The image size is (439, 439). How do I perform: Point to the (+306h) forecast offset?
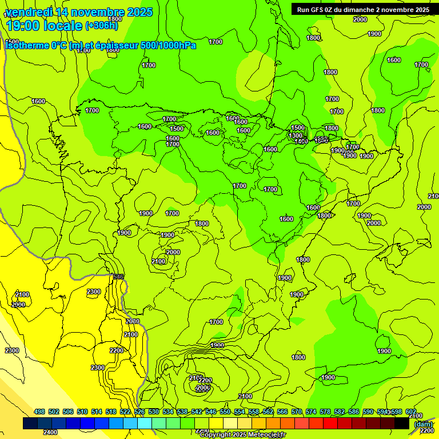point(102,25)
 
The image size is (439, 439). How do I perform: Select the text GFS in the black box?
point(319,9)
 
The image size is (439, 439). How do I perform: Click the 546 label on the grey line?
point(118,277)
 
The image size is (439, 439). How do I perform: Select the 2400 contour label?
point(50,432)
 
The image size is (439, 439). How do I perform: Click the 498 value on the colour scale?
point(39,412)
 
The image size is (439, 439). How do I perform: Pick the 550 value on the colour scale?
point(225,412)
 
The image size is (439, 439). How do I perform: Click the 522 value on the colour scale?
point(125,412)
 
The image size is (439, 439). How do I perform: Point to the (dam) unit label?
point(424,424)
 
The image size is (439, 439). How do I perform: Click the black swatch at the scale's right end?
point(402,424)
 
